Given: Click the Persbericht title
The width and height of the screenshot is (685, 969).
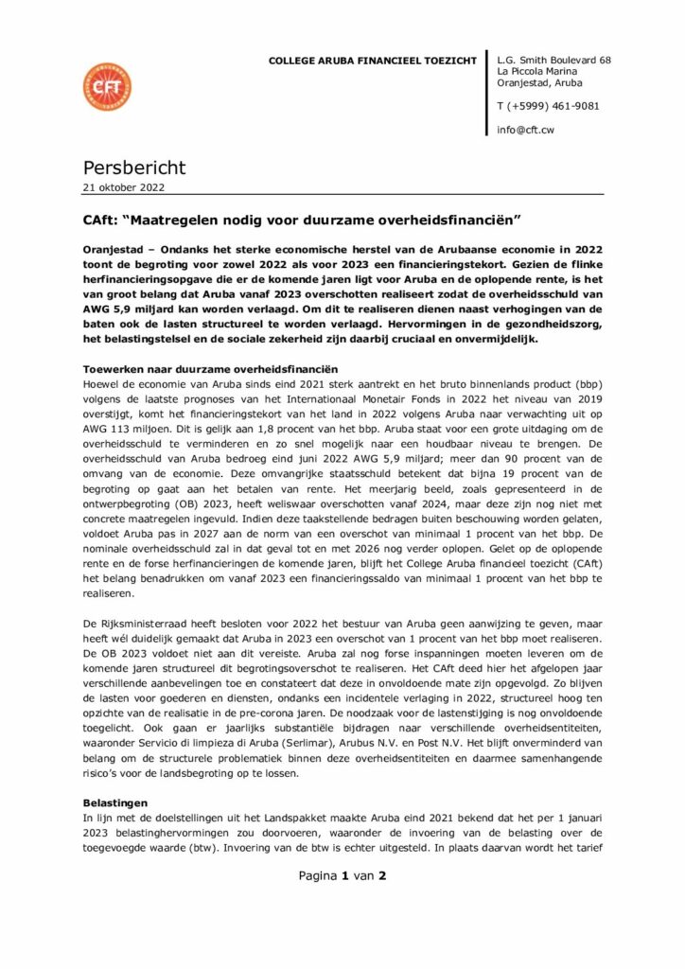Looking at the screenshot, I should click(133, 167).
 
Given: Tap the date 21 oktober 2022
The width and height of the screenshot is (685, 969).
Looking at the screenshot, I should click(123, 186).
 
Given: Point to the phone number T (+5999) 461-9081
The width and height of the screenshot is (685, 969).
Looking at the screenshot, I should click(548, 106).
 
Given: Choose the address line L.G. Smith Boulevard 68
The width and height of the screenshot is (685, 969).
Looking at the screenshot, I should click(553, 61).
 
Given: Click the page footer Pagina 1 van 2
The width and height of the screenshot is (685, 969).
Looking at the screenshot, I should click(342, 875).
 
